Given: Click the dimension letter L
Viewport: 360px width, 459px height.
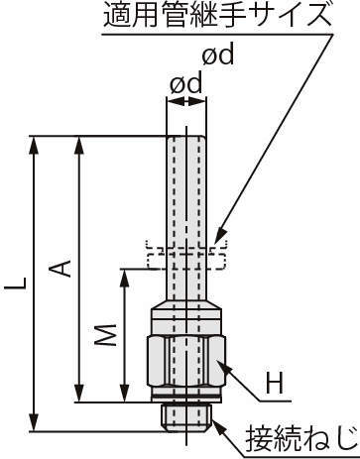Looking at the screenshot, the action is [15, 284].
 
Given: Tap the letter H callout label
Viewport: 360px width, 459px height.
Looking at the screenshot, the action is [275, 383].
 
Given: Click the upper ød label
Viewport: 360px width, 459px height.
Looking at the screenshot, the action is [218, 55].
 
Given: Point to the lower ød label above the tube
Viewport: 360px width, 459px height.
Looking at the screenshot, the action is [185, 83].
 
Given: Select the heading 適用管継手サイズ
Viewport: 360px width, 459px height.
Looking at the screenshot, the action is [217, 15].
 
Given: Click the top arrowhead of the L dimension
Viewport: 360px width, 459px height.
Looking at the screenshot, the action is [34, 146].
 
